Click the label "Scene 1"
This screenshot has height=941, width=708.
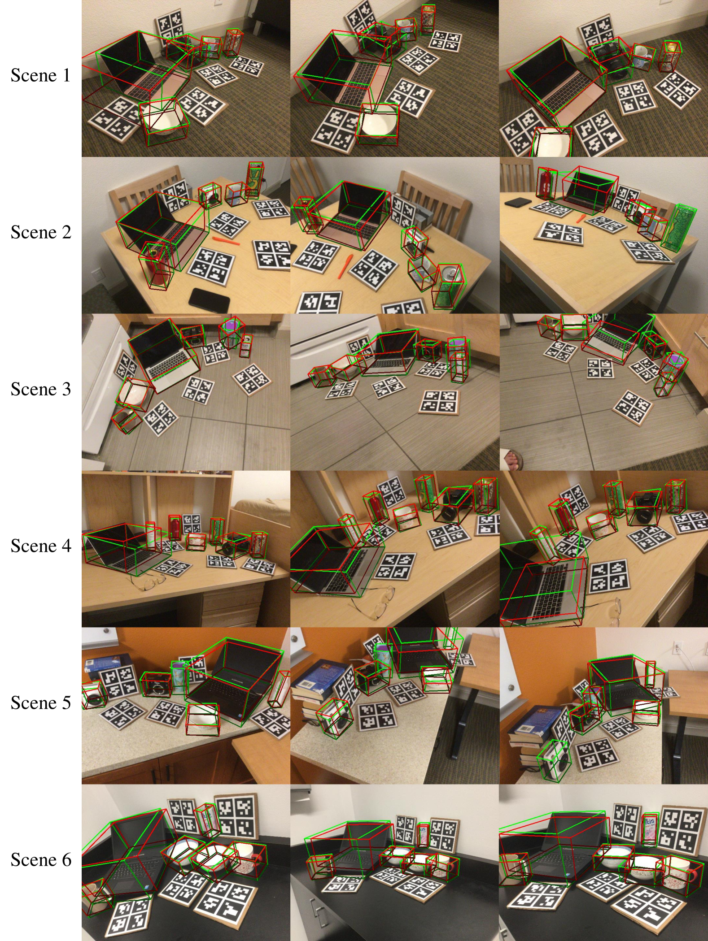pos(41,75)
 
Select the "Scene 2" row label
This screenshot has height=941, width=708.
pos(41,232)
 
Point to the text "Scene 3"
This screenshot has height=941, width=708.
pos(41,389)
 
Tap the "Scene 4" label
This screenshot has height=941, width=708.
pos(41,546)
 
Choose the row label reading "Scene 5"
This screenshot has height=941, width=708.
pos(41,703)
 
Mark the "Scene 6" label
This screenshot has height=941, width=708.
pos(41,860)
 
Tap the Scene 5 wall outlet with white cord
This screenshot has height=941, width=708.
pos(679,647)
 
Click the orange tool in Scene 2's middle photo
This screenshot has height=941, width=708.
pos(346,265)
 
